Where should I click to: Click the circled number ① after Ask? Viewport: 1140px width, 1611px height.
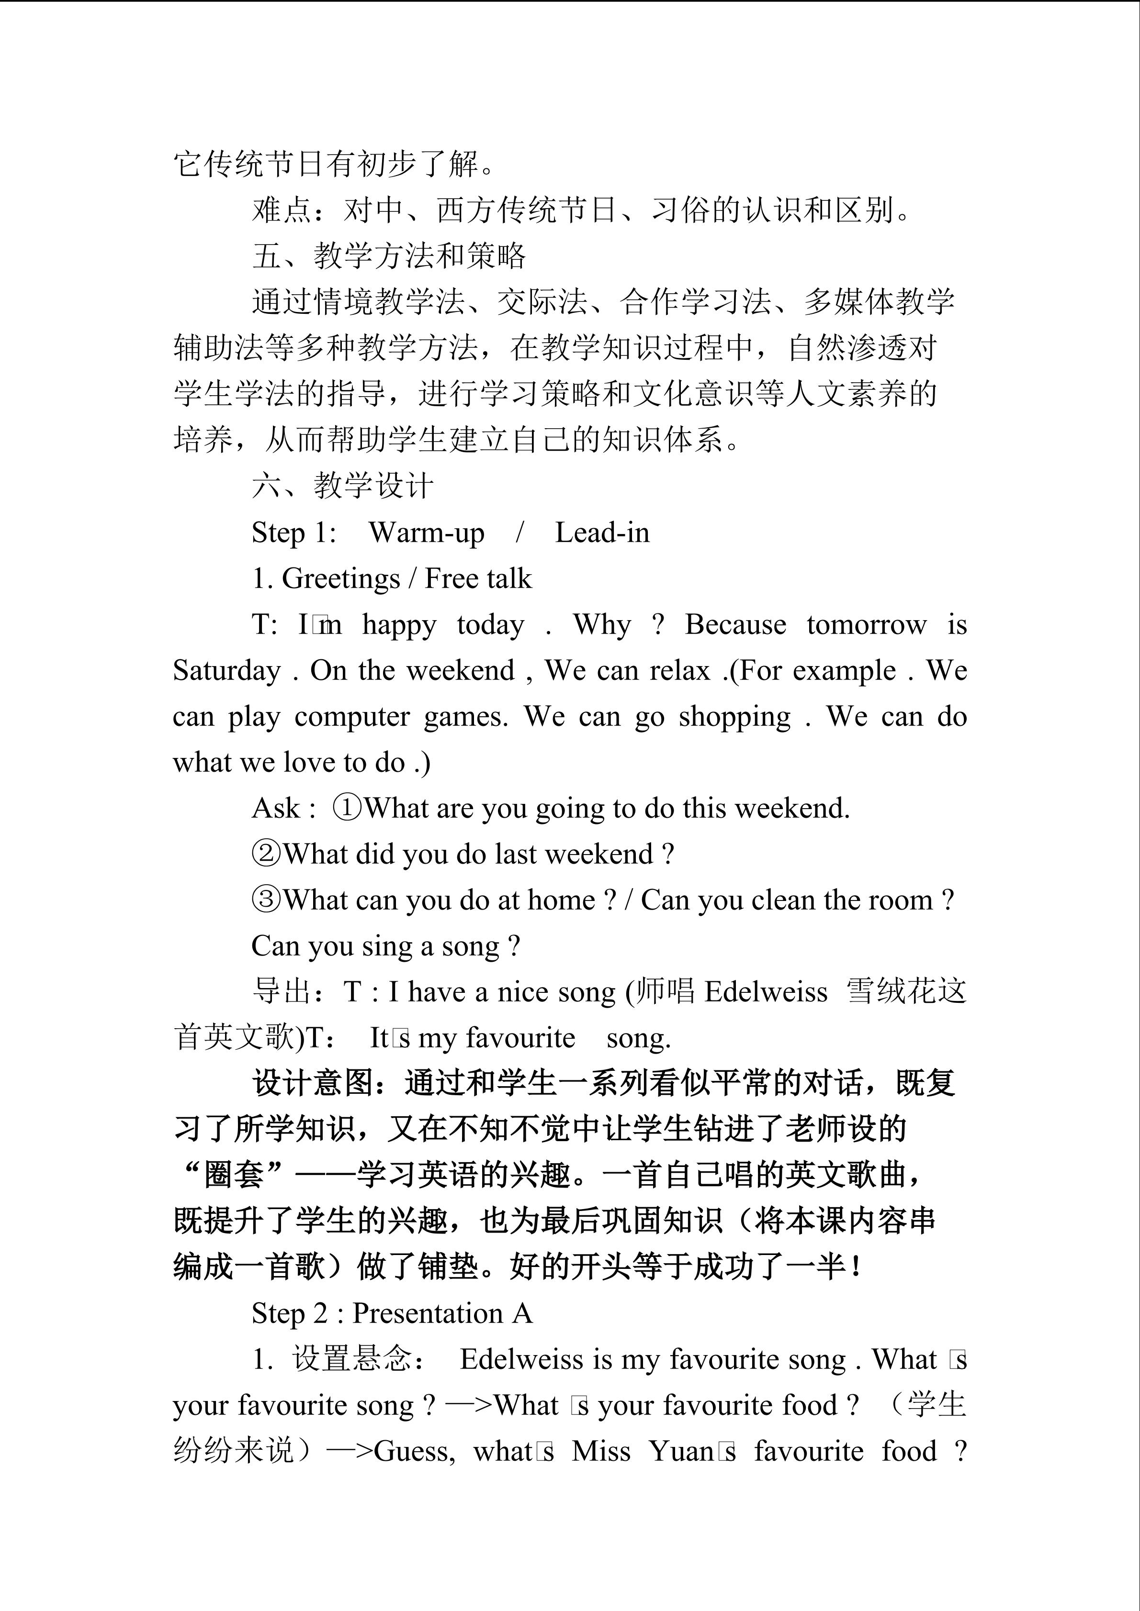click(x=347, y=808)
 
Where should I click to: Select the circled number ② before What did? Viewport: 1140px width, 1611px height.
click(x=266, y=855)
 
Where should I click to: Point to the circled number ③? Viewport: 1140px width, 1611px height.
click(x=266, y=900)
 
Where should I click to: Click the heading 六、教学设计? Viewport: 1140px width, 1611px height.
click(x=342, y=486)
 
